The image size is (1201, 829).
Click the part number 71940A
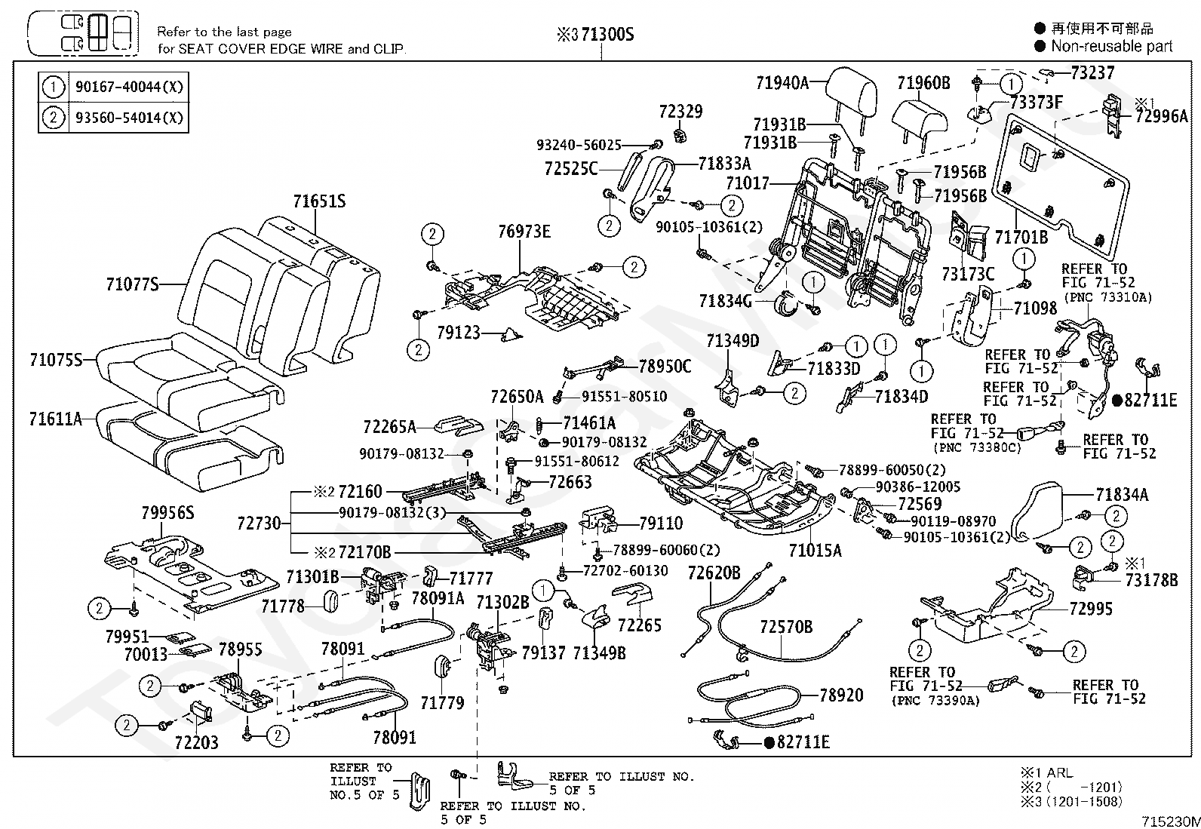[782, 82]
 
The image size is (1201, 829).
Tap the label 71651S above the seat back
[320, 201]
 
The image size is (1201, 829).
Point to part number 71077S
[133, 284]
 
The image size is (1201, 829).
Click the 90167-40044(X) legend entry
[129, 86]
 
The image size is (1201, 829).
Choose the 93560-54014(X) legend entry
[129, 117]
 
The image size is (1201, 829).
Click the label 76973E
[524, 231]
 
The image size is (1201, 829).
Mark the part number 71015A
[815, 550]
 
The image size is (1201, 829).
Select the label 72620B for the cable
[714, 573]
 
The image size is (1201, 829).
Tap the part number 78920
[841, 695]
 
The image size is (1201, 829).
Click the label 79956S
[167, 513]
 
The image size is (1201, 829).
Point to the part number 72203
[197, 742]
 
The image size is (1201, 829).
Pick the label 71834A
[1123, 494]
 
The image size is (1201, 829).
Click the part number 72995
[1091, 609]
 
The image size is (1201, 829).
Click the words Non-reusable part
[1112, 46]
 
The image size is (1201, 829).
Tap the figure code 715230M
[1170, 821]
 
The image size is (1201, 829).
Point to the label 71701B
[1021, 236]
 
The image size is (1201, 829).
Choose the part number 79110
[661, 523]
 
